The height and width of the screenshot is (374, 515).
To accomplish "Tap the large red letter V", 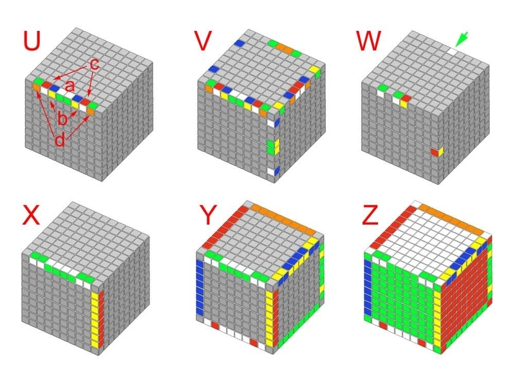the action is pos(203,41).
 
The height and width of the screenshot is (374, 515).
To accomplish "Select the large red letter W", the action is pos(368,41).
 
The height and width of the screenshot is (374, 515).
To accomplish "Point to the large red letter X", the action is pos(31,215).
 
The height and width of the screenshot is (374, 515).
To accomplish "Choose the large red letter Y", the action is pos(208,215).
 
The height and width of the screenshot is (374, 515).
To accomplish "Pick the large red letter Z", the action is pos(370,215).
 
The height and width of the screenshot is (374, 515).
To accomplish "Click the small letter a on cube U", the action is pos(70,86).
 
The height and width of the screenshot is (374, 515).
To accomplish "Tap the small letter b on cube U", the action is pos(62,118).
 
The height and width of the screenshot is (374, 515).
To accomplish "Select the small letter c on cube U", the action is pos(94,64).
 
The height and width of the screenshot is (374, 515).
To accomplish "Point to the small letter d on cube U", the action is pos(60,140).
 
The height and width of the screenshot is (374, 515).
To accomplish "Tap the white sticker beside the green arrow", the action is pos(453,51).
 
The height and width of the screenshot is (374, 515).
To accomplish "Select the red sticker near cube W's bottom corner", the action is pos(435,152).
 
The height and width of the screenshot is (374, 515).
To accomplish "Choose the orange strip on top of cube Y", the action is pos(282,218).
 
